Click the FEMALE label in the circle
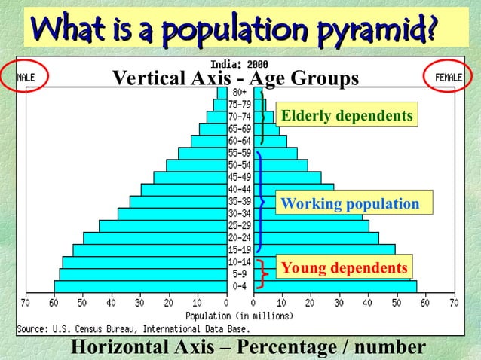pyautogui.click(x=450, y=77)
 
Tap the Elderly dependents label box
pyautogui.click(x=346, y=116)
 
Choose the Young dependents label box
pyautogui.click(x=344, y=268)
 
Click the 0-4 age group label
pyautogui.click(x=240, y=286)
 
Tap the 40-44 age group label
pyautogui.click(x=240, y=189)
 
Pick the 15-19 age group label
pyautogui.click(x=240, y=250)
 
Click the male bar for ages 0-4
pyautogui.click(x=139, y=286)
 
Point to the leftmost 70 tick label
pyautogui.click(x=25, y=303)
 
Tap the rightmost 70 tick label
pyautogui.click(x=454, y=303)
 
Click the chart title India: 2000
pyautogui.click(x=239, y=64)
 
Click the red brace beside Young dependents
pyautogui.click(x=262, y=273)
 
